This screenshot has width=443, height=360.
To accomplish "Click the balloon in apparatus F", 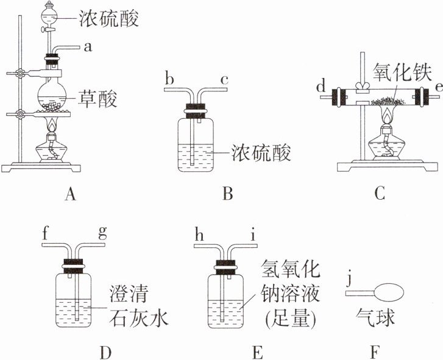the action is pos(389,293).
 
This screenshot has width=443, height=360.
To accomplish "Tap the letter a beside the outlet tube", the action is pos(88,48).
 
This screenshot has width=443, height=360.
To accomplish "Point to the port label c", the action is pos(224,80).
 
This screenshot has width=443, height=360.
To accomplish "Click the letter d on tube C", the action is pos(321,86).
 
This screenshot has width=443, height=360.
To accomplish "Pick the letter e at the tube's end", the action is pos(439,88).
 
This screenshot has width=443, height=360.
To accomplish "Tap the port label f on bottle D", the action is pos(45,234).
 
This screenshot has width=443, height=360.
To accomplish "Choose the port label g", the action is pos(102,234).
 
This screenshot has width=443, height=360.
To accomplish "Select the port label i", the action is pos(253,235).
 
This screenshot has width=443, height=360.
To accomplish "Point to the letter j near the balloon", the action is pos(350,280).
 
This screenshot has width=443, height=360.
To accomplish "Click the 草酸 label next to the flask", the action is pos(97,99).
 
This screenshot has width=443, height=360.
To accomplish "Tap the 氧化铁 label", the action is pos(402,72).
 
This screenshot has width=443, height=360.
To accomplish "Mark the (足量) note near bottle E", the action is pos(290,320).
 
